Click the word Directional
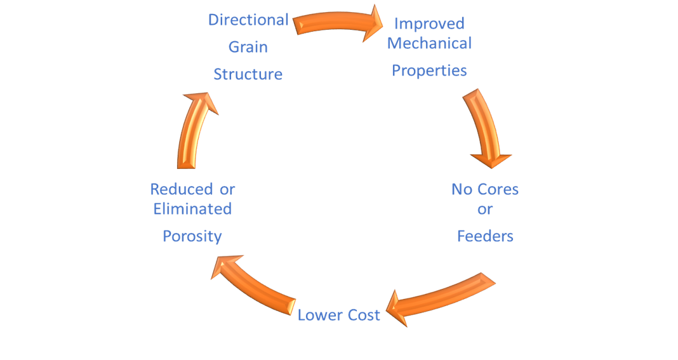click(248, 20)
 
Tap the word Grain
click(248, 47)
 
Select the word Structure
click(248, 74)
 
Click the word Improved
click(430, 23)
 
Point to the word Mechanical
click(430, 44)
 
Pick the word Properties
click(430, 70)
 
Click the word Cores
click(498, 189)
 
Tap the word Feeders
click(485, 236)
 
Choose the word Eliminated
click(192, 209)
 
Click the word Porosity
click(192, 236)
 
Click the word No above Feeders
click(462, 189)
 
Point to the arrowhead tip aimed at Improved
click(382, 23)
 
